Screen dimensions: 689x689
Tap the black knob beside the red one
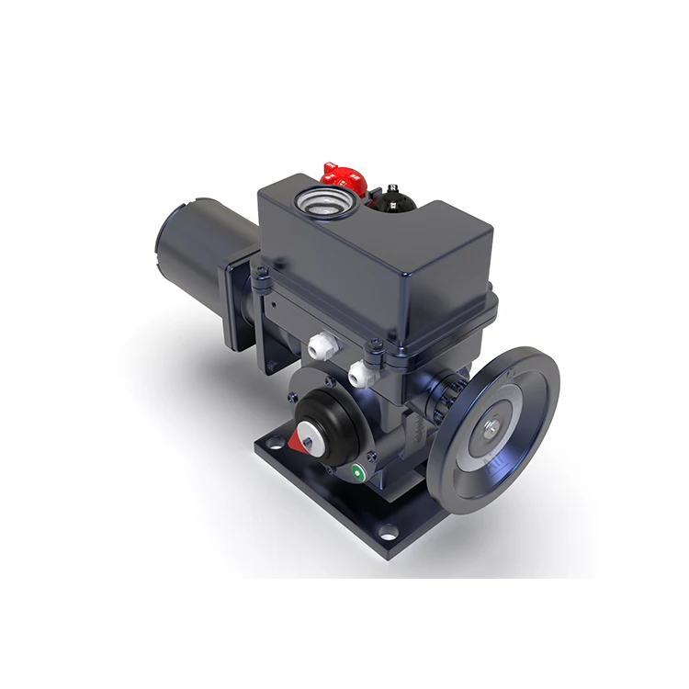click(x=394, y=196)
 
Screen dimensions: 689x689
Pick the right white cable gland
click(x=361, y=371)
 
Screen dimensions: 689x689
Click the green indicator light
click(x=357, y=474)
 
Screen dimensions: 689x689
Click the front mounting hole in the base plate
click(x=391, y=531)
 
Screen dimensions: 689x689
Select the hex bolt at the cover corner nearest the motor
click(x=261, y=272)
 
